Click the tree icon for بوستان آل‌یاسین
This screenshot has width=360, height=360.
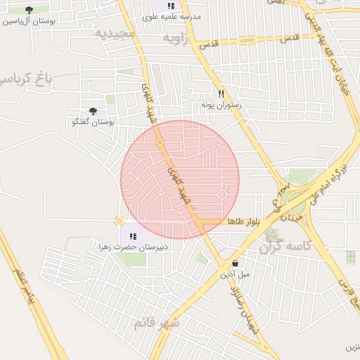pos(29,10)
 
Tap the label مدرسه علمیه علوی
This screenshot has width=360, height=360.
pos(172,16)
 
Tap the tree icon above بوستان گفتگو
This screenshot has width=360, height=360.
pos(93,110)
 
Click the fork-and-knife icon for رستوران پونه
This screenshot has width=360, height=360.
pos(221,94)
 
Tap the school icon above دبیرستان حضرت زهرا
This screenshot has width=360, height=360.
pos(133,236)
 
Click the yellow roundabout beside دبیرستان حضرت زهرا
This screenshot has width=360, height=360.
pos(119,221)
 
